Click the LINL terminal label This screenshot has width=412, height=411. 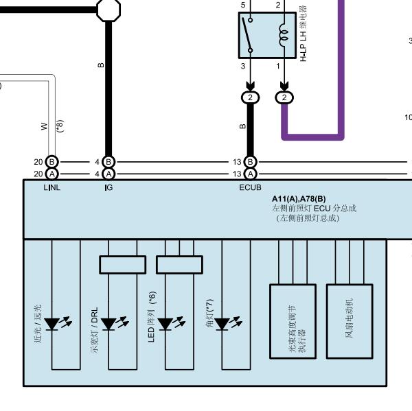click(51, 187)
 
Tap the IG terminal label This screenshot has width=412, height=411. click(108, 187)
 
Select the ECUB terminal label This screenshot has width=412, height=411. click(250, 187)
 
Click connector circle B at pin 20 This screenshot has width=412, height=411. click(51, 162)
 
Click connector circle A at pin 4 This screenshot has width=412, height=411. click(108, 174)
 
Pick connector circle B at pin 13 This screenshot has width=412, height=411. click(250, 162)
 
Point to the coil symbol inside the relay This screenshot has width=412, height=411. click(284, 35)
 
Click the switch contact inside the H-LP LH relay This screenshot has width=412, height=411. click(247, 35)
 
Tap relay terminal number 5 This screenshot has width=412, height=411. click(243, 5)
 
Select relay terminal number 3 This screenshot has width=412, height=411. click(243, 66)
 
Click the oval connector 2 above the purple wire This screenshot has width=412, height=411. click(284, 97)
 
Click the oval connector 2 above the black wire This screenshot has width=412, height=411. click(250, 97)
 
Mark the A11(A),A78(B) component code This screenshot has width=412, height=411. click(299, 199)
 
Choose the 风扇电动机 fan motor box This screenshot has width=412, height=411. click(350, 321)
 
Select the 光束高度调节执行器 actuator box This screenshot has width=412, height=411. click(293, 321)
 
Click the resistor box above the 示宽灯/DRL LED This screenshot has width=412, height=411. click(123, 265)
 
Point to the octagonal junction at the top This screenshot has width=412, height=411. click(108, 10)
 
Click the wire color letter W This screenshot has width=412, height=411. click(45, 126)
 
